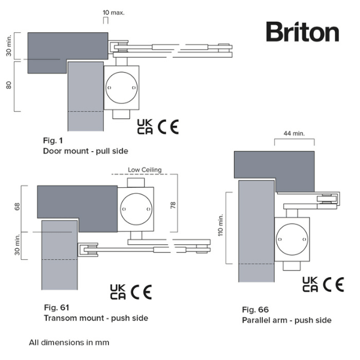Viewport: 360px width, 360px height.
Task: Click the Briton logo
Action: pyautogui.click(x=302, y=32)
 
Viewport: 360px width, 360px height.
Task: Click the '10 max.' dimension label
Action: pyautogui.click(x=113, y=12)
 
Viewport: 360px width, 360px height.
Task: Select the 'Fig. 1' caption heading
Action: pyautogui.click(x=53, y=140)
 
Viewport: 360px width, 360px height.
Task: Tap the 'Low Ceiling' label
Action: pyautogui.click(x=145, y=170)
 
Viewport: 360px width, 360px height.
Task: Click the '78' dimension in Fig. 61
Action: pyautogui.click(x=173, y=205)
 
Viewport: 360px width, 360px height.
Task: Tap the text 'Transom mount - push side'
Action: pyautogui.click(x=95, y=318)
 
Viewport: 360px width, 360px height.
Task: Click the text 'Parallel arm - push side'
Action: pyautogui.click(x=286, y=320)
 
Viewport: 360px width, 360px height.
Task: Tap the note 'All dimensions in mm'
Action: pyautogui.click(x=69, y=343)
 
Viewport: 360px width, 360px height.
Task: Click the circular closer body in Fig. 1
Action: pyautogui.click(x=122, y=88)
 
